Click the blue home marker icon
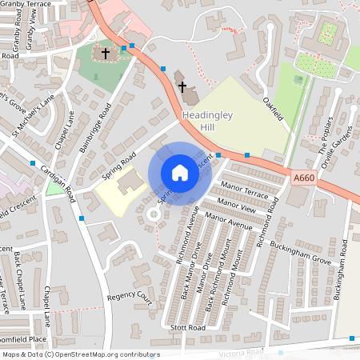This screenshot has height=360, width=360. click(x=180, y=173)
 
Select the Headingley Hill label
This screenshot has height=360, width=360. click(x=207, y=121)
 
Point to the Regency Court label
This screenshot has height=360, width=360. click(x=129, y=298)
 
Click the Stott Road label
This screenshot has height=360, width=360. click(x=188, y=328)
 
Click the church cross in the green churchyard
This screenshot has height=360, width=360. click(x=104, y=54)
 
